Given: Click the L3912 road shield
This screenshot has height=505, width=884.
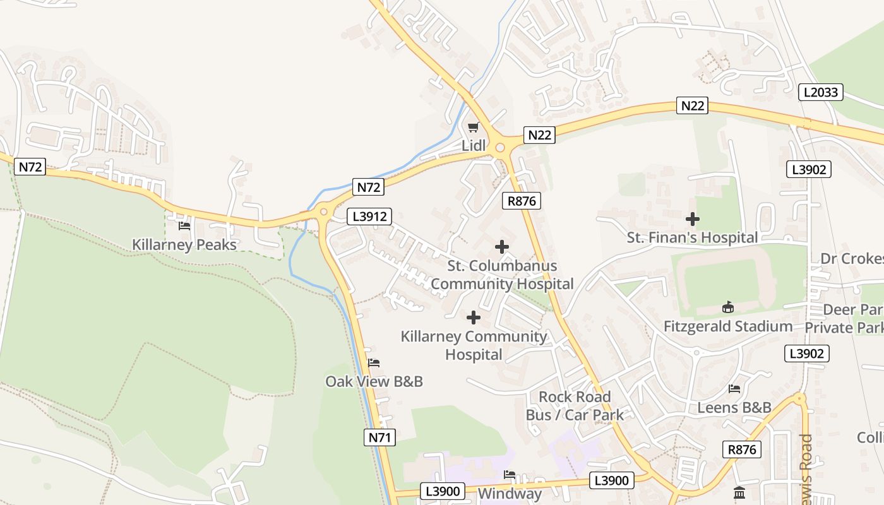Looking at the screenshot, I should click(369, 217).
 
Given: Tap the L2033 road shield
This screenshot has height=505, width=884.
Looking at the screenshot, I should click(821, 92).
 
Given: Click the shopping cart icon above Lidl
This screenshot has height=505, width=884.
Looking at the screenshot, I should click(473, 128).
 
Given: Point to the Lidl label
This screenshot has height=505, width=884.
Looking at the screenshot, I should click(474, 146).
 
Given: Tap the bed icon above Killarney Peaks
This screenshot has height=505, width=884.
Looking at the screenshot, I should click(184, 225).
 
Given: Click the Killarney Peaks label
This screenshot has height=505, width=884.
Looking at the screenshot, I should click(184, 244).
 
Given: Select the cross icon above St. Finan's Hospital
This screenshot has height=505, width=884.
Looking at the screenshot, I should click(693, 219).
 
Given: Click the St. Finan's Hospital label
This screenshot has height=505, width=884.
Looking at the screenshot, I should click(692, 237).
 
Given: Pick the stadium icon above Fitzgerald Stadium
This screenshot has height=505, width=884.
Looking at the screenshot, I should click(727, 307).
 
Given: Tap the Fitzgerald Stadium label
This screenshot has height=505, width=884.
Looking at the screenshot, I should click(728, 326).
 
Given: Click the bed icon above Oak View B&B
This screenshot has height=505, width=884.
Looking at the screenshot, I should click(374, 363).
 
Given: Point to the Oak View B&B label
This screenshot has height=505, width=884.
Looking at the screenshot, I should click(374, 381).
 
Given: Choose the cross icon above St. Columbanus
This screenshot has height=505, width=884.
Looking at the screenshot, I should click(502, 247).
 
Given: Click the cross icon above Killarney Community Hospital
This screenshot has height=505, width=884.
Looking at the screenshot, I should click(474, 318).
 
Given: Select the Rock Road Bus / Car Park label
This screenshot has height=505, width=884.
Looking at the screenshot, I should click(575, 405).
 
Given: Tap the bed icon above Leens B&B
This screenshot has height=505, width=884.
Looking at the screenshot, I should click(734, 389).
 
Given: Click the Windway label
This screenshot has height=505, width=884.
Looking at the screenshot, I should click(510, 493).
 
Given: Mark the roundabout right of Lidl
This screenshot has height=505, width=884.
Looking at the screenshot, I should click(501, 148).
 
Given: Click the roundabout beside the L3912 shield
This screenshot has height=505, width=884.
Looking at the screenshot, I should click(325, 211).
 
